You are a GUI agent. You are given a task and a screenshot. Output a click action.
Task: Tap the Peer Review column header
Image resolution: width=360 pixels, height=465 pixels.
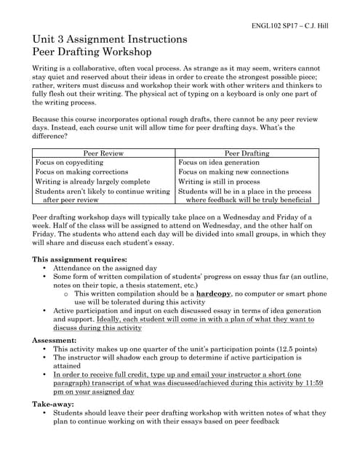[x=103, y=153]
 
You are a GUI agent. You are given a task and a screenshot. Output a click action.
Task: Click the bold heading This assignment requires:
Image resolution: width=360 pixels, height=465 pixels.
[x=80, y=259]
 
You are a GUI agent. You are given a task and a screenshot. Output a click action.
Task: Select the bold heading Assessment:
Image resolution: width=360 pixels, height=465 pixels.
[x=57, y=339]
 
